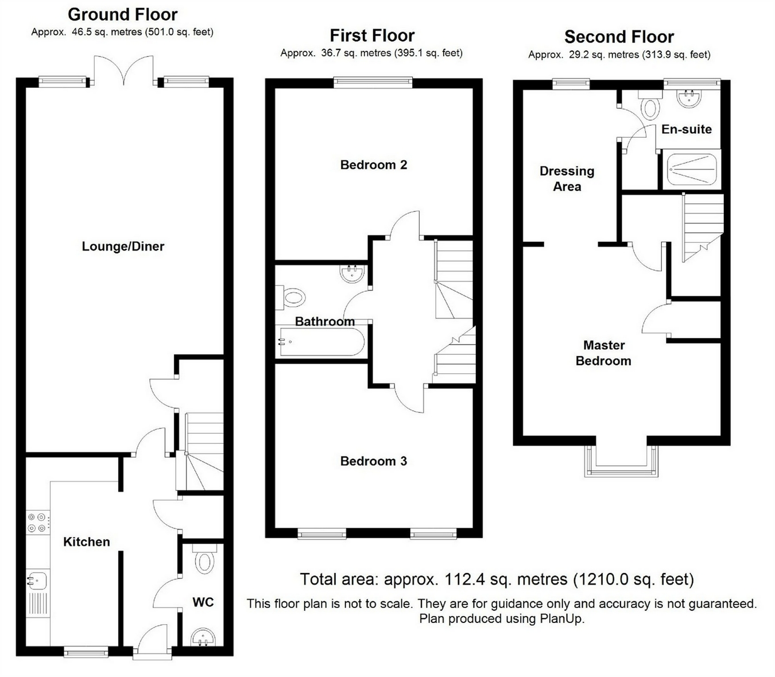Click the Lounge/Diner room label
point(123,247)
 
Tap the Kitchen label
point(87,541)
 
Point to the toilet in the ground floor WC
point(204,559)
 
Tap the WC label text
point(203,602)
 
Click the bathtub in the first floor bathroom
point(322,341)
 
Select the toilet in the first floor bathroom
point(291,297)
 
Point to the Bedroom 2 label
point(374,165)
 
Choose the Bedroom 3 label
point(374,461)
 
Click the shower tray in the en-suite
point(692,169)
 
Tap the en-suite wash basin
point(689,99)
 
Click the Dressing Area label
point(567,179)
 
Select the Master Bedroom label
point(603,353)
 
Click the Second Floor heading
point(619,37)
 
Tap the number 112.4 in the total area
point(464,579)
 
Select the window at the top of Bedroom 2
point(373,82)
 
